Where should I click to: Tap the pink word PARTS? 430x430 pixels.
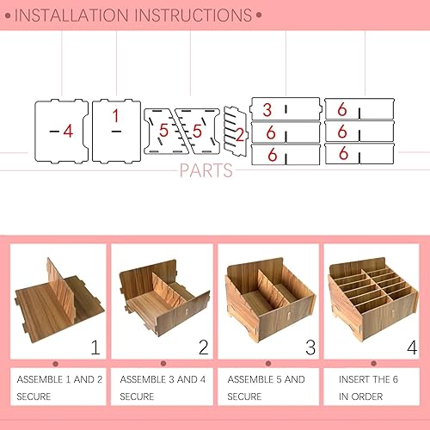point(206,170)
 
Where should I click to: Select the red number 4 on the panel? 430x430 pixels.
point(67,131)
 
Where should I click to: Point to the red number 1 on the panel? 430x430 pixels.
point(116,114)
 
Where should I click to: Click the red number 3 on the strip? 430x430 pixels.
point(267,110)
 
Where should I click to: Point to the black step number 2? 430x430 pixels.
point(203,348)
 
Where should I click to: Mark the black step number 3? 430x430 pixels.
point(308,348)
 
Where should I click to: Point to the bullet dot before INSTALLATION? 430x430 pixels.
point(9,15)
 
